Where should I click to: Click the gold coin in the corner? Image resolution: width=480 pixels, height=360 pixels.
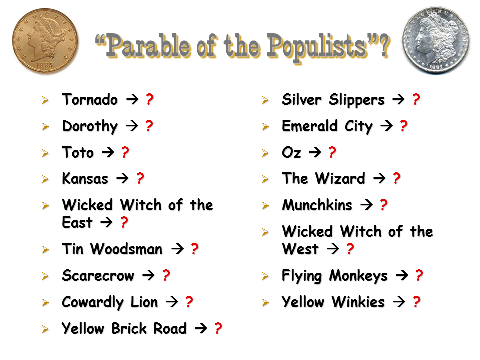pos(45,40)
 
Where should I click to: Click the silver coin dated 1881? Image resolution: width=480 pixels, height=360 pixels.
pos(436,40)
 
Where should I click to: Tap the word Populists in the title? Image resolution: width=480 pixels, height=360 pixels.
pos(317,47)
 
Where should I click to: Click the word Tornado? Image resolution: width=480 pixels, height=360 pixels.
pos(90,100)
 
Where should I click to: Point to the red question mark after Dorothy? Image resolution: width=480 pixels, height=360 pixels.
pos(149,126)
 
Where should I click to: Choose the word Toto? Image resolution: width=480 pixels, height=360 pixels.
pos(78,152)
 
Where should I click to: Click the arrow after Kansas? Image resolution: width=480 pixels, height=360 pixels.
pos(123,178)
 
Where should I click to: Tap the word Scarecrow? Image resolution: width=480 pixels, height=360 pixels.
pos(98,275)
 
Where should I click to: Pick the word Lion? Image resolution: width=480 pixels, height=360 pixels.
pos(144,302)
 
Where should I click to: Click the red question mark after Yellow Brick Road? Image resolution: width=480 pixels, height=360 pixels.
pos(218,328)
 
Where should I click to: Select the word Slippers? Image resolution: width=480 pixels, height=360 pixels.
pos(357,100)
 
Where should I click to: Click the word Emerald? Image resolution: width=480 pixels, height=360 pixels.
pos(310,126)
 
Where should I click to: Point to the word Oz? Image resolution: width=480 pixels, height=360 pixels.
pos(291,152)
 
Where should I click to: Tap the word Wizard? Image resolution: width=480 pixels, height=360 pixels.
pos(340,178)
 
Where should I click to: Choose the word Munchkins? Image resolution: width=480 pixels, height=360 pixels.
pos(317,205)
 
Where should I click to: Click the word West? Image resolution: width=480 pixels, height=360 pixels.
pos(300,249)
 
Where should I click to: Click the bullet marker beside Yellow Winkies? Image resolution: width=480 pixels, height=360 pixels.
pos(265,303)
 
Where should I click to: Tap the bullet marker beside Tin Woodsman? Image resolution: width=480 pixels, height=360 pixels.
pos(45,250)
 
